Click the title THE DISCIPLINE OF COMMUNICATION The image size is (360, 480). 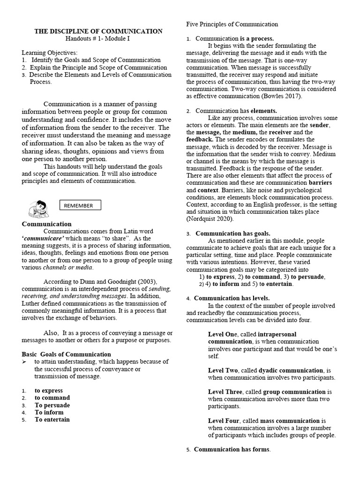click(98, 31)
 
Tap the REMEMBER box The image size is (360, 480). click(79, 205)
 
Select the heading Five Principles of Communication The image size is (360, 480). click(232, 24)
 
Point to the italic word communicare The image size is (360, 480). click(43, 239)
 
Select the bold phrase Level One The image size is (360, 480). click(223, 334)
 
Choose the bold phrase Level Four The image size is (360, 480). click(224, 421)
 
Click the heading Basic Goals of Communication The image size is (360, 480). click(67, 354)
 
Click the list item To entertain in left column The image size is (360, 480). click(52, 420)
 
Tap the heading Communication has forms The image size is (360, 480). click(232, 450)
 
